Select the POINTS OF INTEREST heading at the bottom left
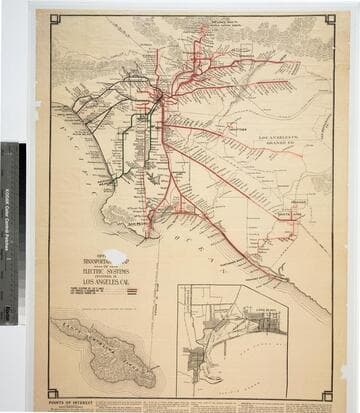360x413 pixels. tap(69, 397)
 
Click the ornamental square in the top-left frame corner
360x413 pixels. tap(55, 19)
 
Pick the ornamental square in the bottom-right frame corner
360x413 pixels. tap(327, 395)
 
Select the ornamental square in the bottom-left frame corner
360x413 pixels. tap(52, 394)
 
